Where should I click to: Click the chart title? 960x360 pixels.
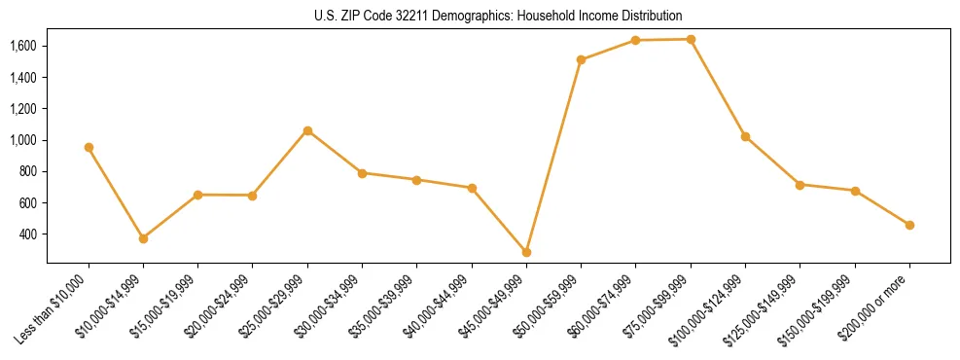click(497, 16)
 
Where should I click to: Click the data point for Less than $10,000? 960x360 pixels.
click(89, 148)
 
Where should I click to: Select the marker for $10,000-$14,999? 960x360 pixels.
click(143, 238)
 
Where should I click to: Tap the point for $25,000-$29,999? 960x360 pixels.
click(307, 130)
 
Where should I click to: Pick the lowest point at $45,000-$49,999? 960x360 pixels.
click(526, 252)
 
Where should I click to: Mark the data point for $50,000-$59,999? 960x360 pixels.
click(581, 60)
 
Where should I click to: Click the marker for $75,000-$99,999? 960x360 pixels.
click(691, 40)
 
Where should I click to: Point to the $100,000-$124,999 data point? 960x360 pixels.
click(745, 137)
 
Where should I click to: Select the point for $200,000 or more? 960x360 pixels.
click(909, 225)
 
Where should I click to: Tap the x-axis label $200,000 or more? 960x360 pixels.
click(875, 307)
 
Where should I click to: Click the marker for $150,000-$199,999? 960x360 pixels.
click(855, 191)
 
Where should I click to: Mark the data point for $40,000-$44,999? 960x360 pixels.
click(472, 188)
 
